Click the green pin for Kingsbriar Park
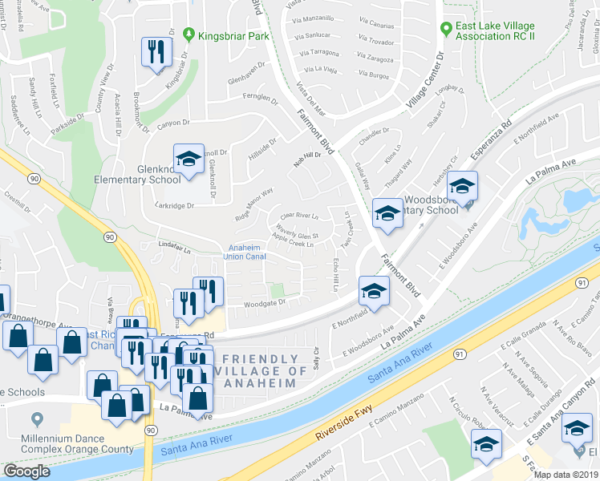(x=189, y=35)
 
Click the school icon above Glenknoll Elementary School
(x=188, y=160)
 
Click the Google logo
(x=27, y=471)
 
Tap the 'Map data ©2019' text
(x=566, y=475)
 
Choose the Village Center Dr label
(x=425, y=82)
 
